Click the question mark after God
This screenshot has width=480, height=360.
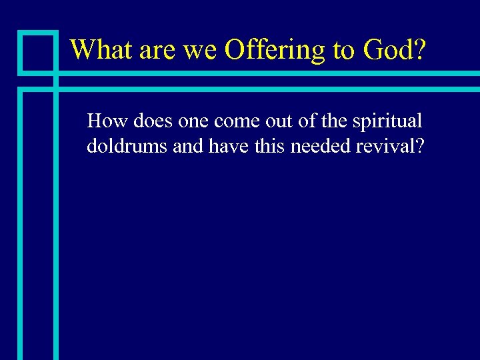coord(417,49)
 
